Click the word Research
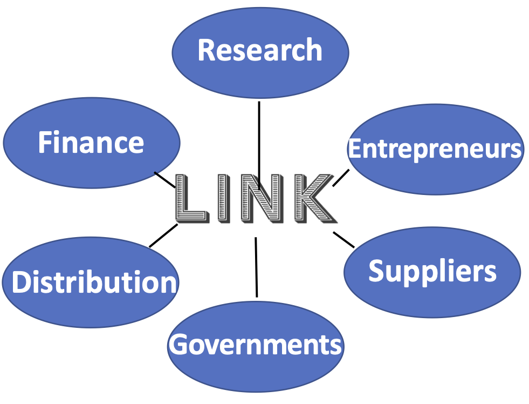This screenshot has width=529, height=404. pyautogui.click(x=260, y=50)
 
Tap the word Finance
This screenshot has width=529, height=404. pyautogui.click(x=91, y=143)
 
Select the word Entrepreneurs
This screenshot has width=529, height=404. pyautogui.click(x=435, y=149)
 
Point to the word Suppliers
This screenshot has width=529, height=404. pyautogui.click(x=432, y=271)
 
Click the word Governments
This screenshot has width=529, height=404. pyautogui.click(x=256, y=344)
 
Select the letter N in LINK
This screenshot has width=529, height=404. pyautogui.click(x=262, y=199)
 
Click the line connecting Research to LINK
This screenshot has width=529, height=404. pyautogui.click(x=259, y=135)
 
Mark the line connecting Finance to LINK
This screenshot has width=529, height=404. pyautogui.click(x=164, y=179)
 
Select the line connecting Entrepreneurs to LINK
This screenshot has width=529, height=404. pyautogui.click(x=341, y=178)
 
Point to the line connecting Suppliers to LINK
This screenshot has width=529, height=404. pyautogui.click(x=343, y=239)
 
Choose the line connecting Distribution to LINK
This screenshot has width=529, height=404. pyautogui.click(x=163, y=236)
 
